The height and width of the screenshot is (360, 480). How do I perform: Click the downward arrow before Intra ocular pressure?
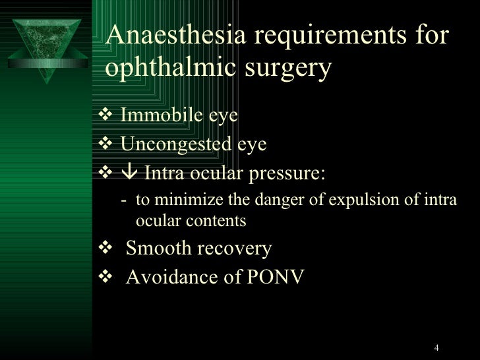(x=128, y=174)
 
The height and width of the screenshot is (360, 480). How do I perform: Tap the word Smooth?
(x=157, y=249)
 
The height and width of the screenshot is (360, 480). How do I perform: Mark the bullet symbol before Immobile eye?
(x=109, y=117)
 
